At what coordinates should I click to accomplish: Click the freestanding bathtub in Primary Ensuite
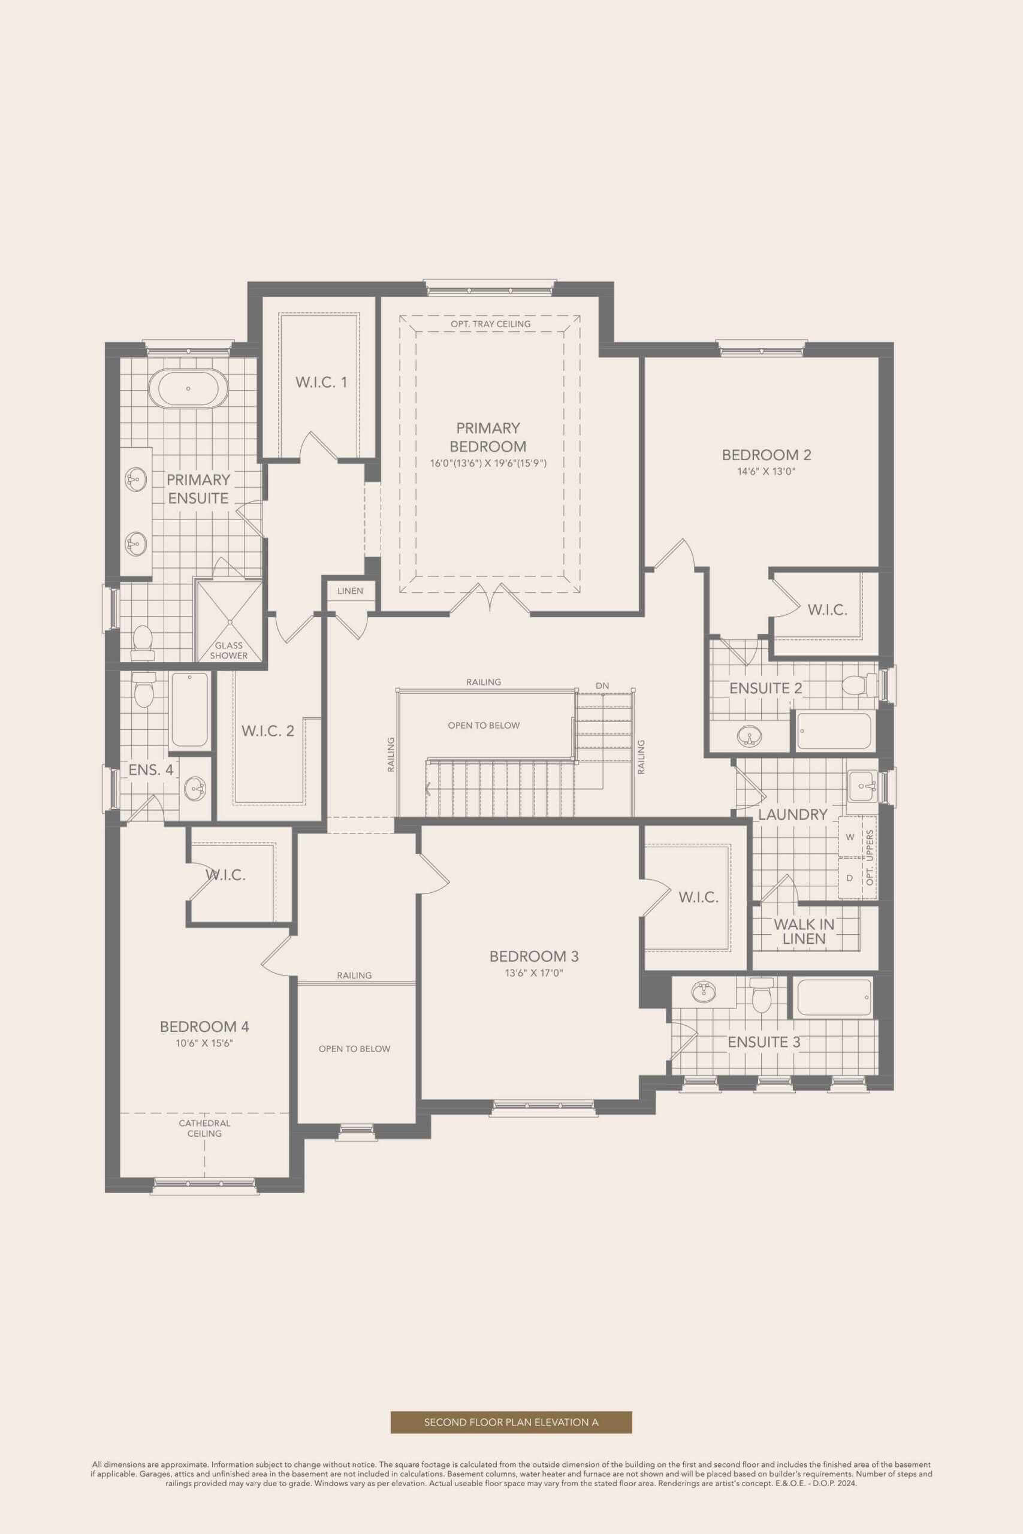pos(189,389)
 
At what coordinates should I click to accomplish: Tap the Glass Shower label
pos(228,650)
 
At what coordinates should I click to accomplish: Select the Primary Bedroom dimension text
pos(487,464)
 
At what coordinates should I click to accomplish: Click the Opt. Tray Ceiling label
pos(491,324)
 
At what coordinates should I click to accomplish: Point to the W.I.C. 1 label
pos(321,382)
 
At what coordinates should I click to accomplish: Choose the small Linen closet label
pos(351,591)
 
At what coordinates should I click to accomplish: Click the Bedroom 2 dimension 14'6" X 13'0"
pos(767,472)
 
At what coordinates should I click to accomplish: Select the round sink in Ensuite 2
pos(749,737)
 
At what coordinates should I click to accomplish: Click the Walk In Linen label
pos(804,932)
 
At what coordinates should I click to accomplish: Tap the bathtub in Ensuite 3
pos(833,998)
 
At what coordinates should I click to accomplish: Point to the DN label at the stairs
pos(602,686)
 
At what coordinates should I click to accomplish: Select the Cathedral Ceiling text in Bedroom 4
pos(205,1128)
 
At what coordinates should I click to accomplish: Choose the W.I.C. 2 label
pos(267,731)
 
